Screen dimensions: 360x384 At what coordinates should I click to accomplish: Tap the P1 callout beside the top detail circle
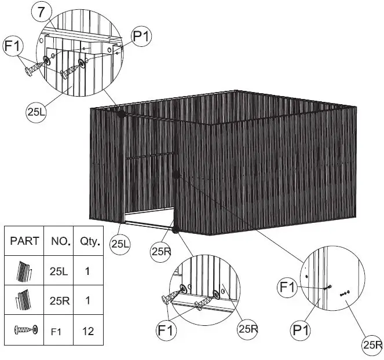(141, 36)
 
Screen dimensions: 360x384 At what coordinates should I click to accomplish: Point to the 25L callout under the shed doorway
(120, 244)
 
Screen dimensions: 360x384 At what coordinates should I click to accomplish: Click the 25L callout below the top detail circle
(37, 112)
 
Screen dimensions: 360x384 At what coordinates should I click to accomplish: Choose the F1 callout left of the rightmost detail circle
(287, 286)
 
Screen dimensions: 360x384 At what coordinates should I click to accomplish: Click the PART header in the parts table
(25, 241)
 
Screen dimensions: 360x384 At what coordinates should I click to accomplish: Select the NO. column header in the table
(60, 241)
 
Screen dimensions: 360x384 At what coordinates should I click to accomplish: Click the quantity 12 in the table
(87, 332)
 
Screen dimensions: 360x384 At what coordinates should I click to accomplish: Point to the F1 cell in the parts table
(57, 332)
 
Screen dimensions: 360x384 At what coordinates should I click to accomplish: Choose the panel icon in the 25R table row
(24, 300)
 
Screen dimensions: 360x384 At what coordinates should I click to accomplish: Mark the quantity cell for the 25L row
(87, 271)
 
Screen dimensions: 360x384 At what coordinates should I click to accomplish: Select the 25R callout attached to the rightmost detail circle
(371, 346)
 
